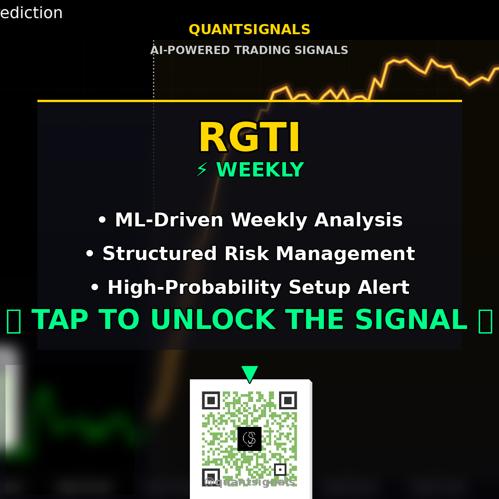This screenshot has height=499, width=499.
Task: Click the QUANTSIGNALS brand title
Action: (249, 30)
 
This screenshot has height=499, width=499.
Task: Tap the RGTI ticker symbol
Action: (249, 138)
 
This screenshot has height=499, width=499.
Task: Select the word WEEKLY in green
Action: (260, 170)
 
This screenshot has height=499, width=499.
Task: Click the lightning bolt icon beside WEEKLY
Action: (202, 170)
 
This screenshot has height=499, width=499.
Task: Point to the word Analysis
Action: (358, 220)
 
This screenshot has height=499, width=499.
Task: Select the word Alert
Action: (387, 287)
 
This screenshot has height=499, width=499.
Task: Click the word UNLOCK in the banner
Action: (213, 320)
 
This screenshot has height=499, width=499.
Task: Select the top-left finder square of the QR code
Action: (211, 401)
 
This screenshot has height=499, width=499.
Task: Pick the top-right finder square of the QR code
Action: (288, 401)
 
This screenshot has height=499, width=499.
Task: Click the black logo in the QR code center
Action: (249, 438)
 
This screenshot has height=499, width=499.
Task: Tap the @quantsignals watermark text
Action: (249, 482)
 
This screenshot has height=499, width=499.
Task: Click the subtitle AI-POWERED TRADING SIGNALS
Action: (249, 50)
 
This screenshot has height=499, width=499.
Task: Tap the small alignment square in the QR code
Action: (280, 469)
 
